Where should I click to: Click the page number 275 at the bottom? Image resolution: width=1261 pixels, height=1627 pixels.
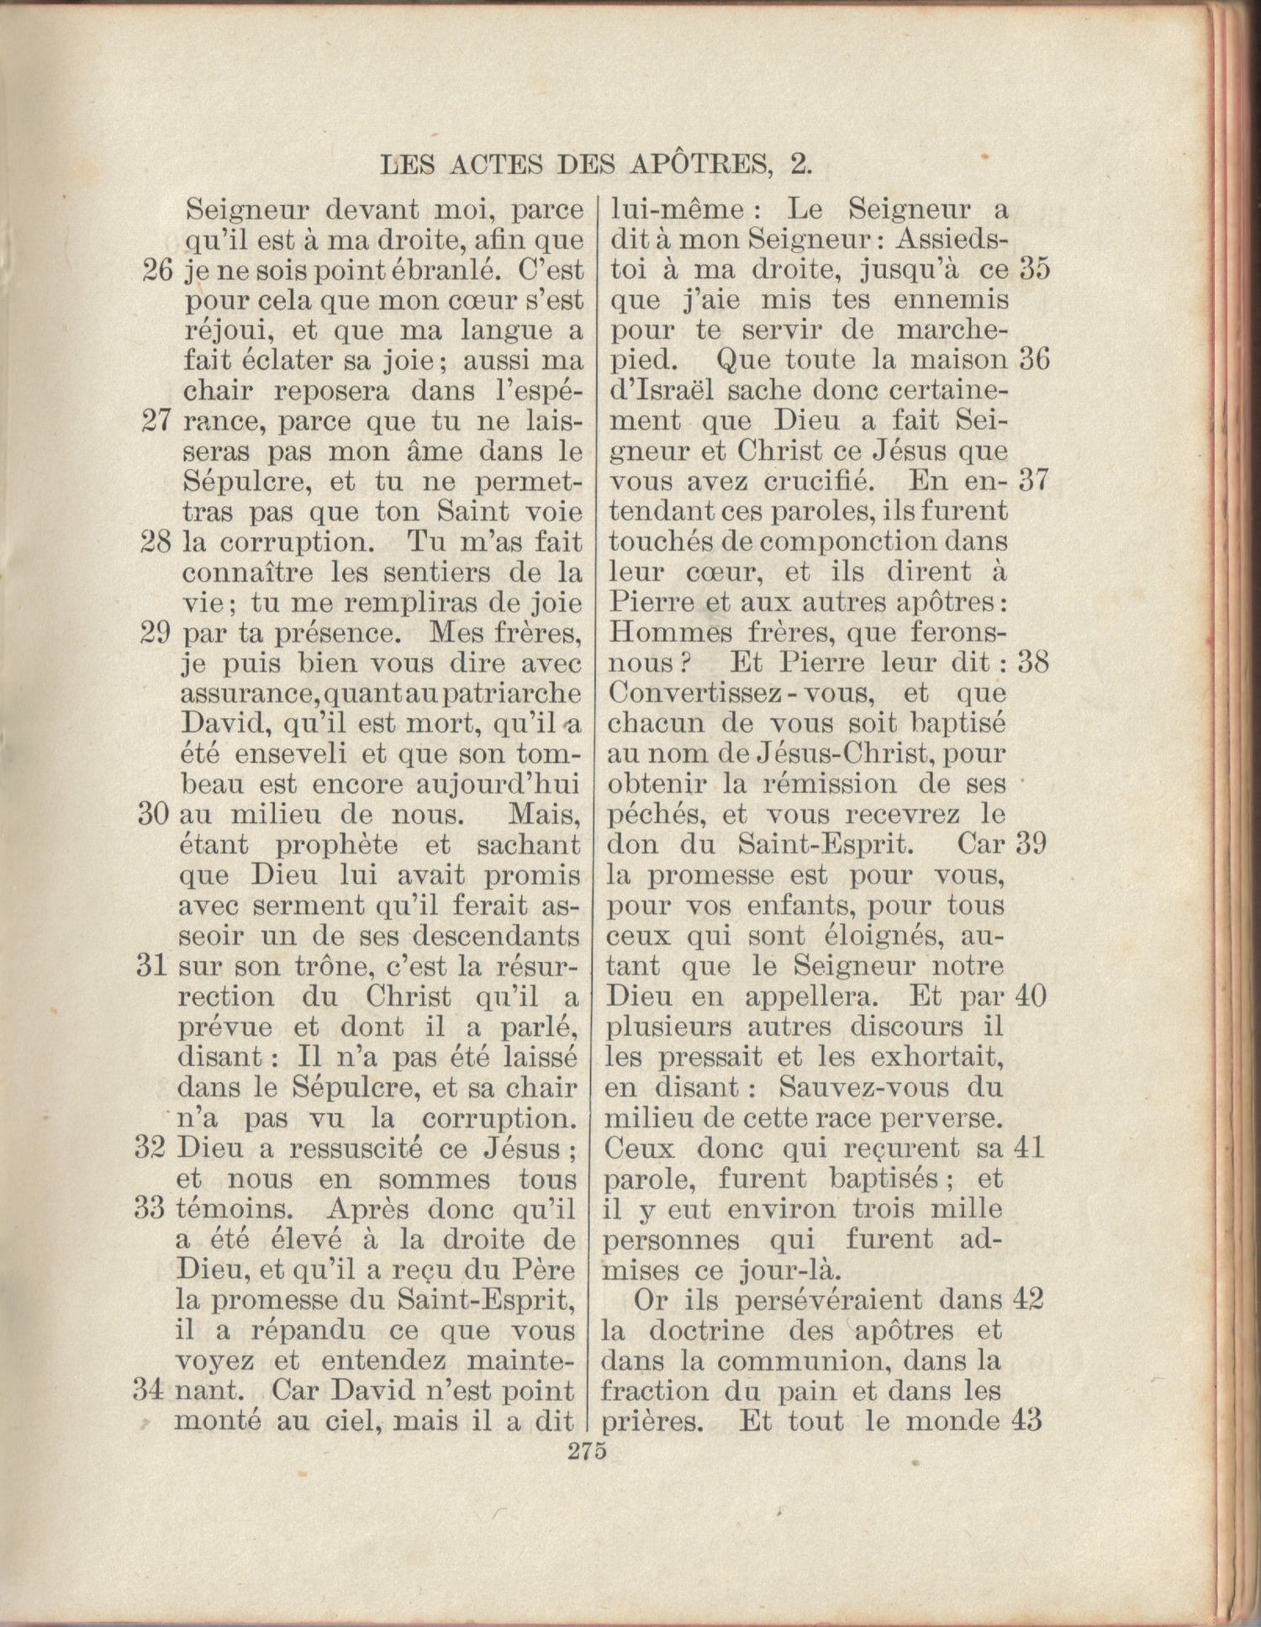coord(588,1452)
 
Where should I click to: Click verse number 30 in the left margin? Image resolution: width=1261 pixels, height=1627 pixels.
coord(154,815)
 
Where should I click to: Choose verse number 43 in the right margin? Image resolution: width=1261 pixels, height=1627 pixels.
coord(1030,1420)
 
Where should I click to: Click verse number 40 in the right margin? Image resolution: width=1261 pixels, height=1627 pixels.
coord(1030,996)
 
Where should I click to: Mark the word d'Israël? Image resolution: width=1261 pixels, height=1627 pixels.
coord(662,391)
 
